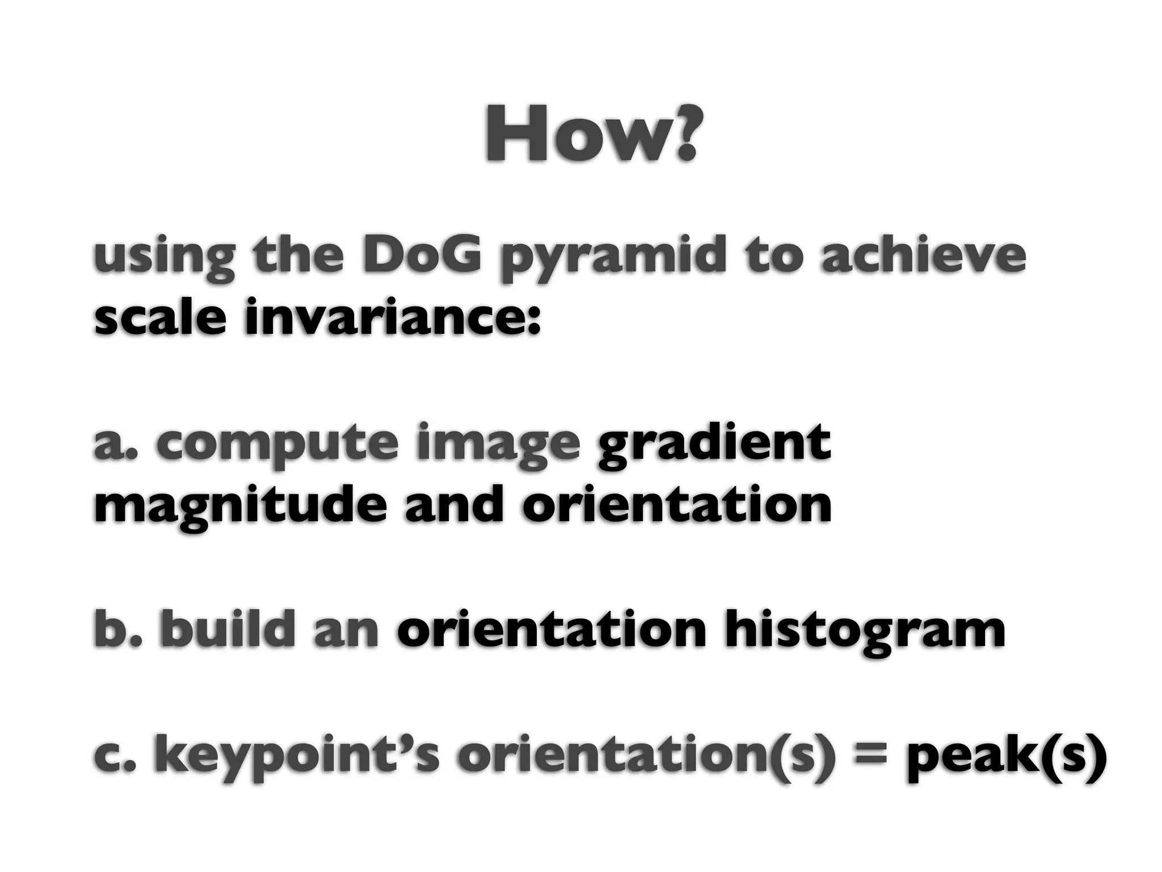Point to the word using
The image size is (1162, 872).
pos(164,259)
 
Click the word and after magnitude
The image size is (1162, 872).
pos(454,505)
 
